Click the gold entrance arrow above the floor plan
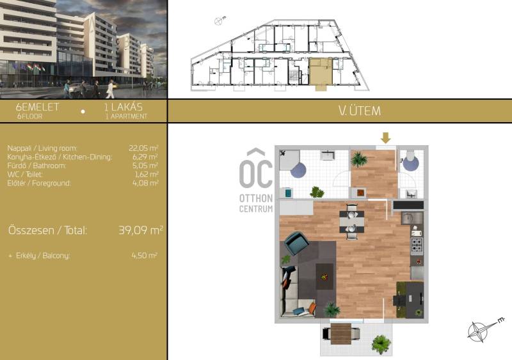(386, 137)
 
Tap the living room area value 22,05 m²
(143, 148)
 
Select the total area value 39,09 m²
(140, 230)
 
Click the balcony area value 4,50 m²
(145, 255)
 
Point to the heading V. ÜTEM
(360, 111)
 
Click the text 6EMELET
(38, 107)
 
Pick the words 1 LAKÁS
(124, 107)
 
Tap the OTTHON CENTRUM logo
(256, 180)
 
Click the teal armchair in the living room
(297, 242)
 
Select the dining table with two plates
(351, 222)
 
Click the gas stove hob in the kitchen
(417, 246)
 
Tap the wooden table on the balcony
(341, 334)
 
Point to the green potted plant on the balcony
(381, 344)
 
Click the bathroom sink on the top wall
(328, 155)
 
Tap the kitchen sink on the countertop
(412, 218)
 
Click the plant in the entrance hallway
(359, 160)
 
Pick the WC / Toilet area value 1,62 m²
(147, 175)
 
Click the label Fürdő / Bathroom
(36, 166)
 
